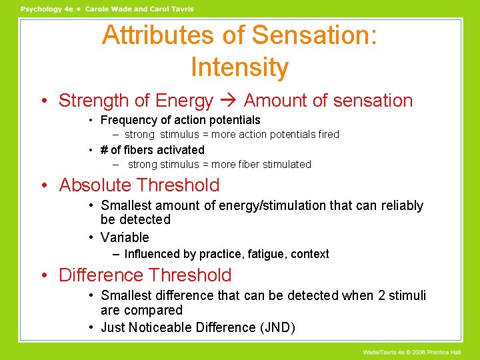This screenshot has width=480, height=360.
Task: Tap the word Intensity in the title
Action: tap(239, 67)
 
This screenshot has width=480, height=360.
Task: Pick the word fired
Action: tap(329, 135)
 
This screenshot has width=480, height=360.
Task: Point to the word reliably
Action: tap(402, 206)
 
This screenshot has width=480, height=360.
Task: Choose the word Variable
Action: tap(125, 237)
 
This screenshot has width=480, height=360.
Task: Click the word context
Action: tap(309, 254)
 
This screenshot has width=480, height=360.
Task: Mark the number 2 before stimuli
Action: tap(382, 295)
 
